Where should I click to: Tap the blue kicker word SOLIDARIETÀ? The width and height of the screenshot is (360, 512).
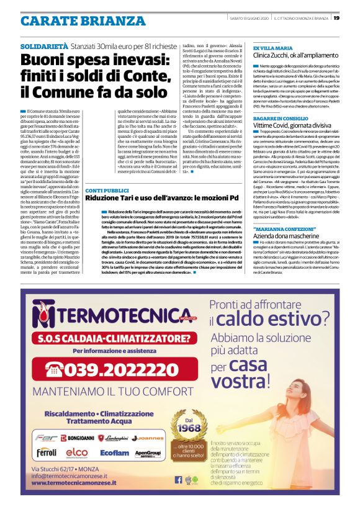[44, 47]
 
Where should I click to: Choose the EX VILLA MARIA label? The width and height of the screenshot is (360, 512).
[273, 48]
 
